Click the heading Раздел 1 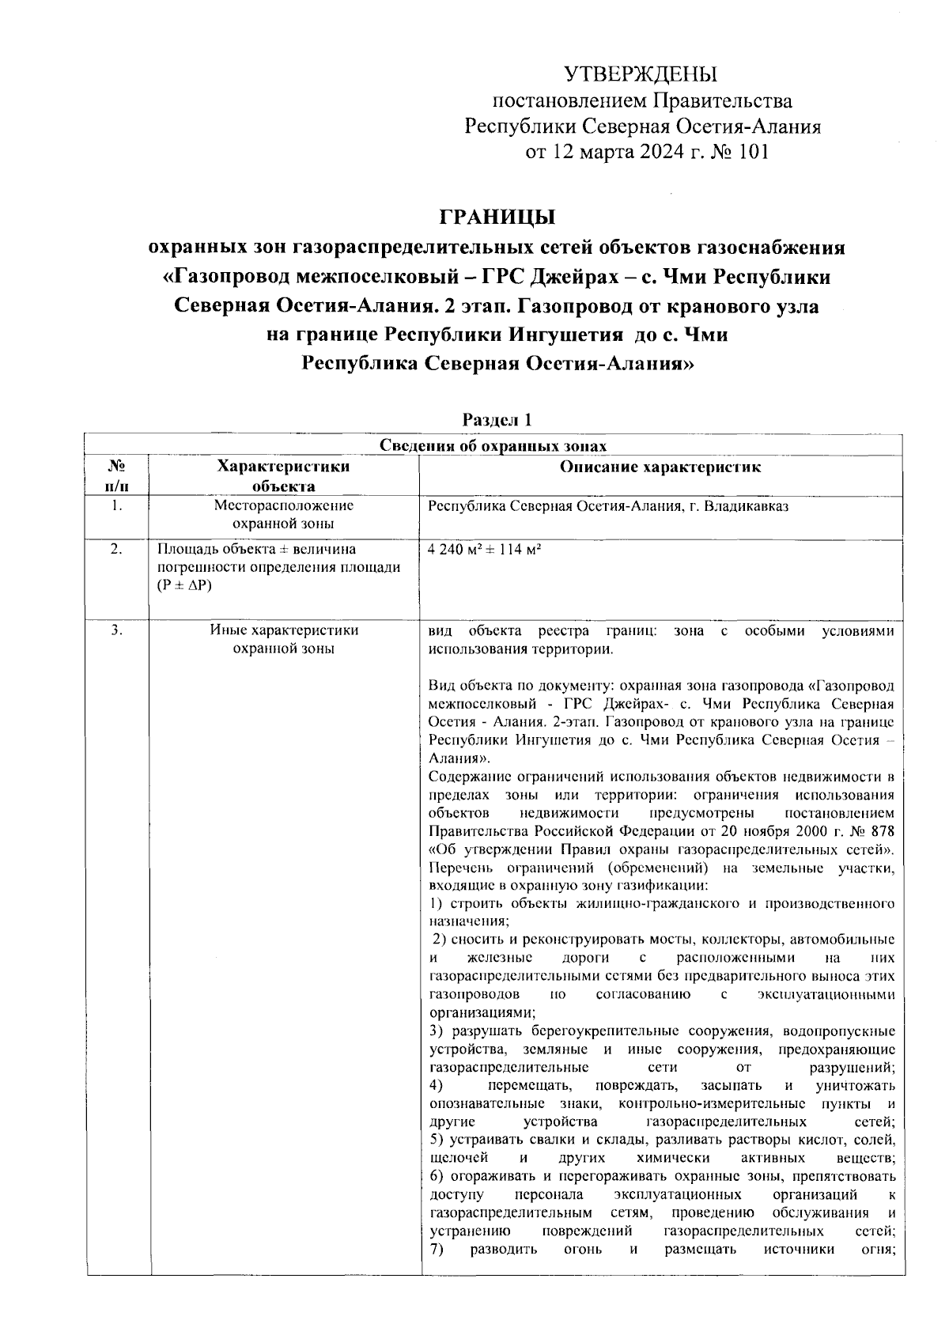pyautogui.click(x=496, y=418)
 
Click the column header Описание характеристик pyautogui.click(x=660, y=467)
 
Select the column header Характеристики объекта pyautogui.click(x=283, y=476)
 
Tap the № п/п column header pyautogui.click(x=116, y=476)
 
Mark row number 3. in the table pyautogui.click(x=116, y=631)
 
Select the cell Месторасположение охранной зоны pyautogui.click(x=283, y=515)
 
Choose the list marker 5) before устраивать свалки pyautogui.click(x=436, y=1140)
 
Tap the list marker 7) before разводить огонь pyautogui.click(x=436, y=1249)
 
